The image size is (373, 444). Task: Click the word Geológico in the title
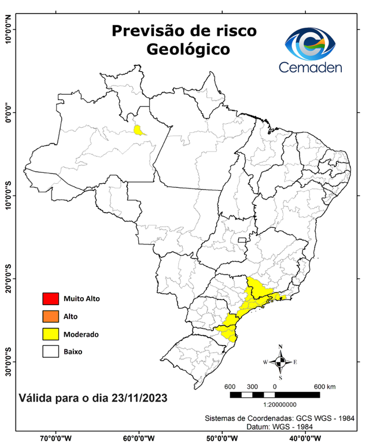[x=188, y=50]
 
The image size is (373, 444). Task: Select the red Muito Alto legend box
[x=50, y=299]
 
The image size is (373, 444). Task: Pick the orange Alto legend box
[x=50, y=316]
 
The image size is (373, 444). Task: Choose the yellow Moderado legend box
[x=50, y=334]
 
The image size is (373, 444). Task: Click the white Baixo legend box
[x=50, y=351]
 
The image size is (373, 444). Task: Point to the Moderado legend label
[x=81, y=334]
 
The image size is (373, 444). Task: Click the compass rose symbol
[x=280, y=362]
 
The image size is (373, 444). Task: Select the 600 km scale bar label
[x=323, y=386]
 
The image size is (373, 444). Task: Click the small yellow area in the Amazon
[x=139, y=129]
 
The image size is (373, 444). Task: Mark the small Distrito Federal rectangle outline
[x=242, y=240]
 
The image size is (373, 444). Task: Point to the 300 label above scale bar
[x=252, y=386]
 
